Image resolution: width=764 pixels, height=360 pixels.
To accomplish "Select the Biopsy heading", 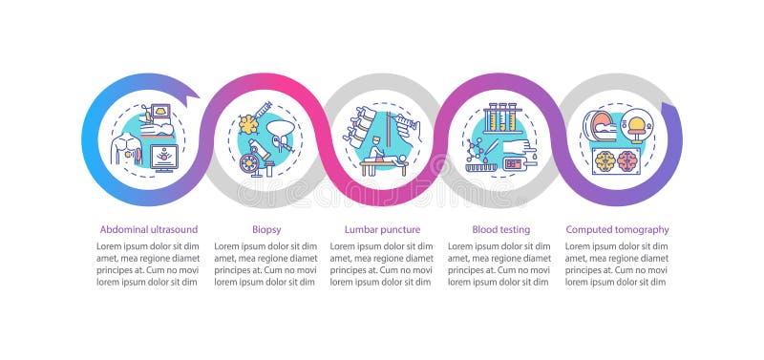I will (265, 229).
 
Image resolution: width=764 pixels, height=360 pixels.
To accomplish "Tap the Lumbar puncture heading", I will (382, 229).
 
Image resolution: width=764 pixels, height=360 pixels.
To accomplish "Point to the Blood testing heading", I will (500, 229).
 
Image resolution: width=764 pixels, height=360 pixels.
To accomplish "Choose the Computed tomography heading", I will (617, 229).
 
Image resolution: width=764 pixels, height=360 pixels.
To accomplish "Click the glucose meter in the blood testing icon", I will (514, 163).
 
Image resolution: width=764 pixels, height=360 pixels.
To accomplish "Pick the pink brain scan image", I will (626, 160).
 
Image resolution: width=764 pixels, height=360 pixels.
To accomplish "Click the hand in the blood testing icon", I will (521, 144).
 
